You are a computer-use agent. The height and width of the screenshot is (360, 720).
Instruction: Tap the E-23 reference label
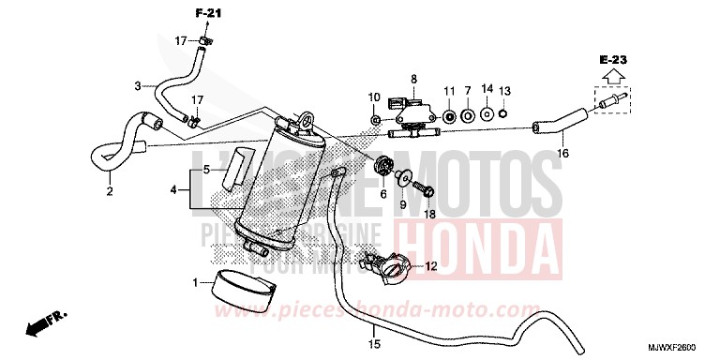tap(614, 60)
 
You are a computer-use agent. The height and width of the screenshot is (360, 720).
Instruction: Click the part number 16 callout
tap(563, 153)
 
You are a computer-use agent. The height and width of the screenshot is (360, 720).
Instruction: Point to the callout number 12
tap(431, 266)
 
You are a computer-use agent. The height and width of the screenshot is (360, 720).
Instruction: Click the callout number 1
tap(196, 282)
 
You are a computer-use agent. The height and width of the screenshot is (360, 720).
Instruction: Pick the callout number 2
tap(110, 192)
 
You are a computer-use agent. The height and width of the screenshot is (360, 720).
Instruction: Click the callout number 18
tap(429, 214)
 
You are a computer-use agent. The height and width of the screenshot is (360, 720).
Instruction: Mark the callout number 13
tap(504, 90)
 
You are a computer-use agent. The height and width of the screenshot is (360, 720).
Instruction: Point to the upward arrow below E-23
tap(614, 78)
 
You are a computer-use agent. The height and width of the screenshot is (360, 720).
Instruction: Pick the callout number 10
tap(373, 97)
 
